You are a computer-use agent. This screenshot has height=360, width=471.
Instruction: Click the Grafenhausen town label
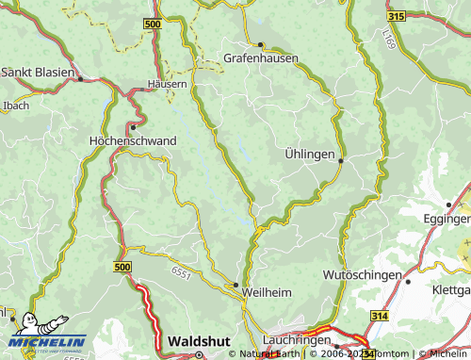[x=261, y=57]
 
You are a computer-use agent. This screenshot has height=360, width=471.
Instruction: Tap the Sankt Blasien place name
[x=39, y=72]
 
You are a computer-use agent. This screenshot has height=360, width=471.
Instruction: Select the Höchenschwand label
[x=131, y=140]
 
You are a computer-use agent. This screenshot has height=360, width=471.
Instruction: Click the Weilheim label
[x=267, y=293]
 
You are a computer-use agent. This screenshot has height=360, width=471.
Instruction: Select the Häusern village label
[x=167, y=83]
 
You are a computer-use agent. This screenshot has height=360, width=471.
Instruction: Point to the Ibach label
[x=16, y=105]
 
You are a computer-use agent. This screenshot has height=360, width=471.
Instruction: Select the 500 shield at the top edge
[x=153, y=22]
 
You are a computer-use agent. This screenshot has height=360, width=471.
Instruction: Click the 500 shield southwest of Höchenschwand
[x=122, y=268]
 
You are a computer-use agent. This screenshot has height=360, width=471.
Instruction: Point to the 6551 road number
[x=182, y=272]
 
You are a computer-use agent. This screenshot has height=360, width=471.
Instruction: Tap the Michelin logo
[x=47, y=332]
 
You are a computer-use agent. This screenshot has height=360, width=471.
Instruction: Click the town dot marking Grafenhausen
[x=260, y=44]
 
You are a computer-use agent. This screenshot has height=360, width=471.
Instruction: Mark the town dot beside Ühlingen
[x=340, y=160]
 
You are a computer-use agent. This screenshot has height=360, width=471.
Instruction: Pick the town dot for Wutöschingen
[x=408, y=280]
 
